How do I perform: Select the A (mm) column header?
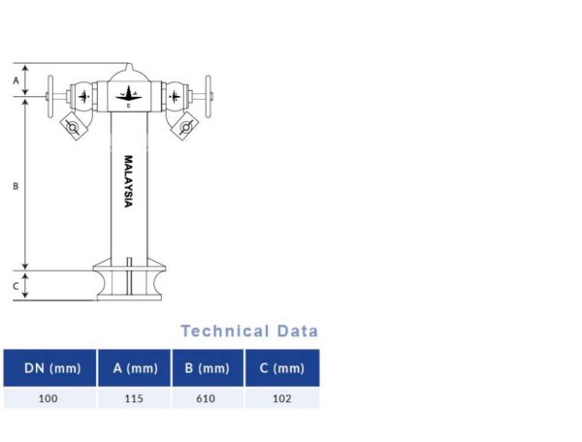135,368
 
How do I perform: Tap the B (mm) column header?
207,368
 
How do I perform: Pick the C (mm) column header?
282,368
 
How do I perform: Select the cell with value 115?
135,397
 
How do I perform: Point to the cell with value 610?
207,397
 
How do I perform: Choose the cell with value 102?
282,397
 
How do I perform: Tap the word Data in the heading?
297,331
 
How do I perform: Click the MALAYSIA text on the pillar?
127,181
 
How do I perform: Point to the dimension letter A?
16,80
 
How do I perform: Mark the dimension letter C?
16,286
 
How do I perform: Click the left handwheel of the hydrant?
50,96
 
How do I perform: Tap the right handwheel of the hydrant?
207,96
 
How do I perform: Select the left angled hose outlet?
72,124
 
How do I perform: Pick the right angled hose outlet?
184,124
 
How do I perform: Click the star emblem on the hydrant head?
128,94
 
